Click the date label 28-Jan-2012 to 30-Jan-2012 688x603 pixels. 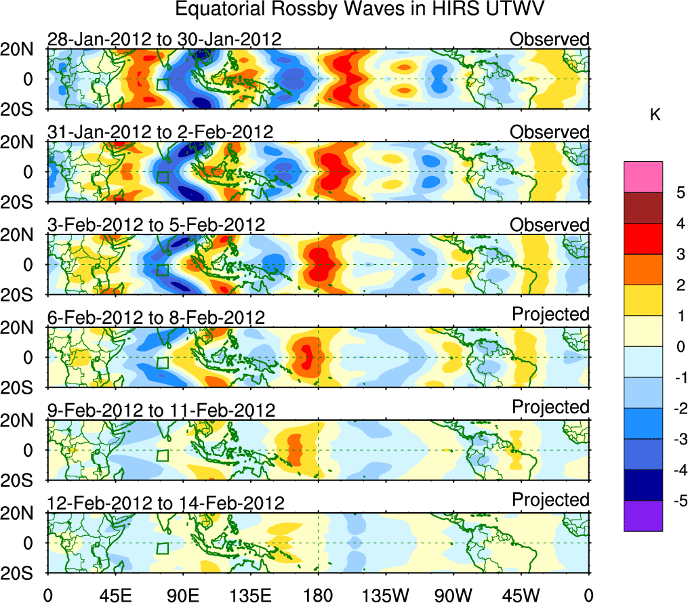click(164, 39)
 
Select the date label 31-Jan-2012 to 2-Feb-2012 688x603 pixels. click(161, 131)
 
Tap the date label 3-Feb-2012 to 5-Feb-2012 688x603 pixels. click(156, 224)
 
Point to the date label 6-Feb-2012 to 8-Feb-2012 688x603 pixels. click(156, 317)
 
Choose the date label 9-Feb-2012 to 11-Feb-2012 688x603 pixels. click(161, 410)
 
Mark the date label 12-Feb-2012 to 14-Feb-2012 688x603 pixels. click(165, 503)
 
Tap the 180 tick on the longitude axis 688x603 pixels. click(318, 595)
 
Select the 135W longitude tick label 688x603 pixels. click(386, 595)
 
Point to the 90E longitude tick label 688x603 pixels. click(182, 595)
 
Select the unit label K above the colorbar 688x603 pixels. click(655, 116)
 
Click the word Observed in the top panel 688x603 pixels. click(550, 39)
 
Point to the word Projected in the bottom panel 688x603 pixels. click(550, 500)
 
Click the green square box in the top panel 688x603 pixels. click(162, 84)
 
